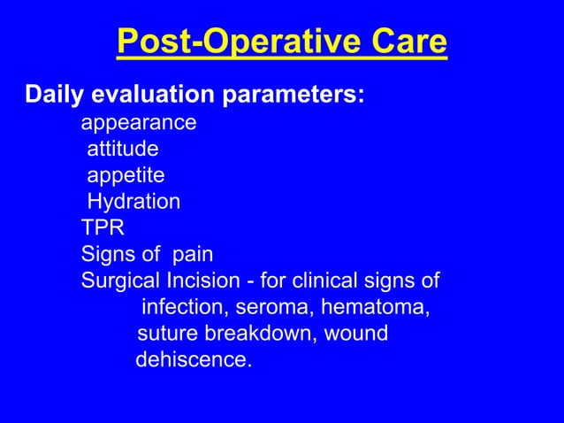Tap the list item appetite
tap(126, 175)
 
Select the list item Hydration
tap(133, 202)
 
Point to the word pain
tap(193, 255)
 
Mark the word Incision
tap(201, 282)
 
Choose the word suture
tap(168, 335)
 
